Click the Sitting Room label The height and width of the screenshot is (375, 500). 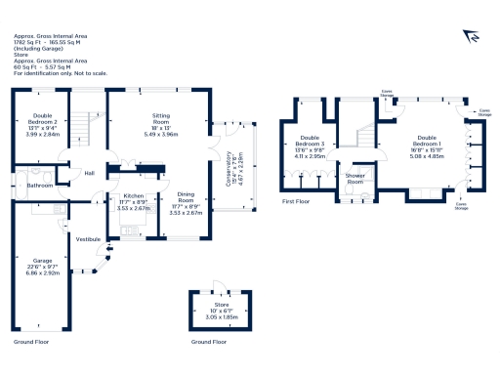pos(158,121)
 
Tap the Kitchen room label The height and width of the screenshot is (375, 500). pos(133,195)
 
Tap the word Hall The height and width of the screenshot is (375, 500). pos(89,174)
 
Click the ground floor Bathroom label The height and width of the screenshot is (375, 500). pos(40,184)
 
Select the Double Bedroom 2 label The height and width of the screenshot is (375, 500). pos(41,120)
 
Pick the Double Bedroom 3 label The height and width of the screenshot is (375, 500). pos(310,143)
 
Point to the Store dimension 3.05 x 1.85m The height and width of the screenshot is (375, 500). pos(223,318)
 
